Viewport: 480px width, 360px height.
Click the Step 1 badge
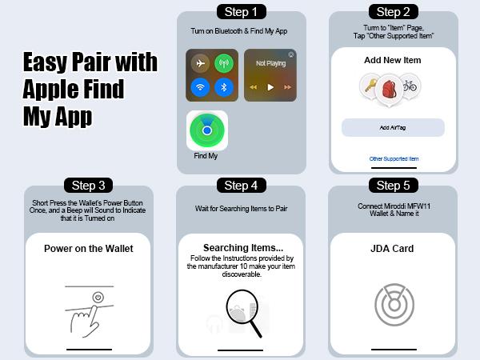click(x=242, y=12)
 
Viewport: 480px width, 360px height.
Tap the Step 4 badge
click(x=242, y=186)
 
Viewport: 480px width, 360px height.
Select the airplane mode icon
click(x=200, y=63)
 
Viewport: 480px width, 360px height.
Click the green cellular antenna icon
click(x=224, y=63)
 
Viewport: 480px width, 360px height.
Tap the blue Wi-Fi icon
click(x=200, y=87)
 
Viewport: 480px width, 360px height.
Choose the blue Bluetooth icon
click(x=224, y=87)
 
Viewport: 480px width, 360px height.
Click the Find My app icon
click(x=207, y=130)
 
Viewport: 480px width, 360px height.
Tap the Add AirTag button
click(x=393, y=127)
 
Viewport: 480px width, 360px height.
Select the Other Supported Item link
click(x=394, y=159)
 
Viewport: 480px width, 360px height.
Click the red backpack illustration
click(x=389, y=89)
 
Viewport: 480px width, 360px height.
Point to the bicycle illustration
click(x=410, y=86)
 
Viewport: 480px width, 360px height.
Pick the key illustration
click(x=370, y=86)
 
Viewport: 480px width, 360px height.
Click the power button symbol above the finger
click(x=98, y=298)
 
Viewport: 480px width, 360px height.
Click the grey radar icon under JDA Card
click(x=394, y=304)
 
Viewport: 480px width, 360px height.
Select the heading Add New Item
click(x=393, y=60)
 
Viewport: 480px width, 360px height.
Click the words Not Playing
click(x=271, y=63)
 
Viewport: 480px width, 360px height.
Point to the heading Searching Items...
click(x=243, y=247)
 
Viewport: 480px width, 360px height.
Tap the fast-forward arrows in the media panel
click(x=287, y=87)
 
